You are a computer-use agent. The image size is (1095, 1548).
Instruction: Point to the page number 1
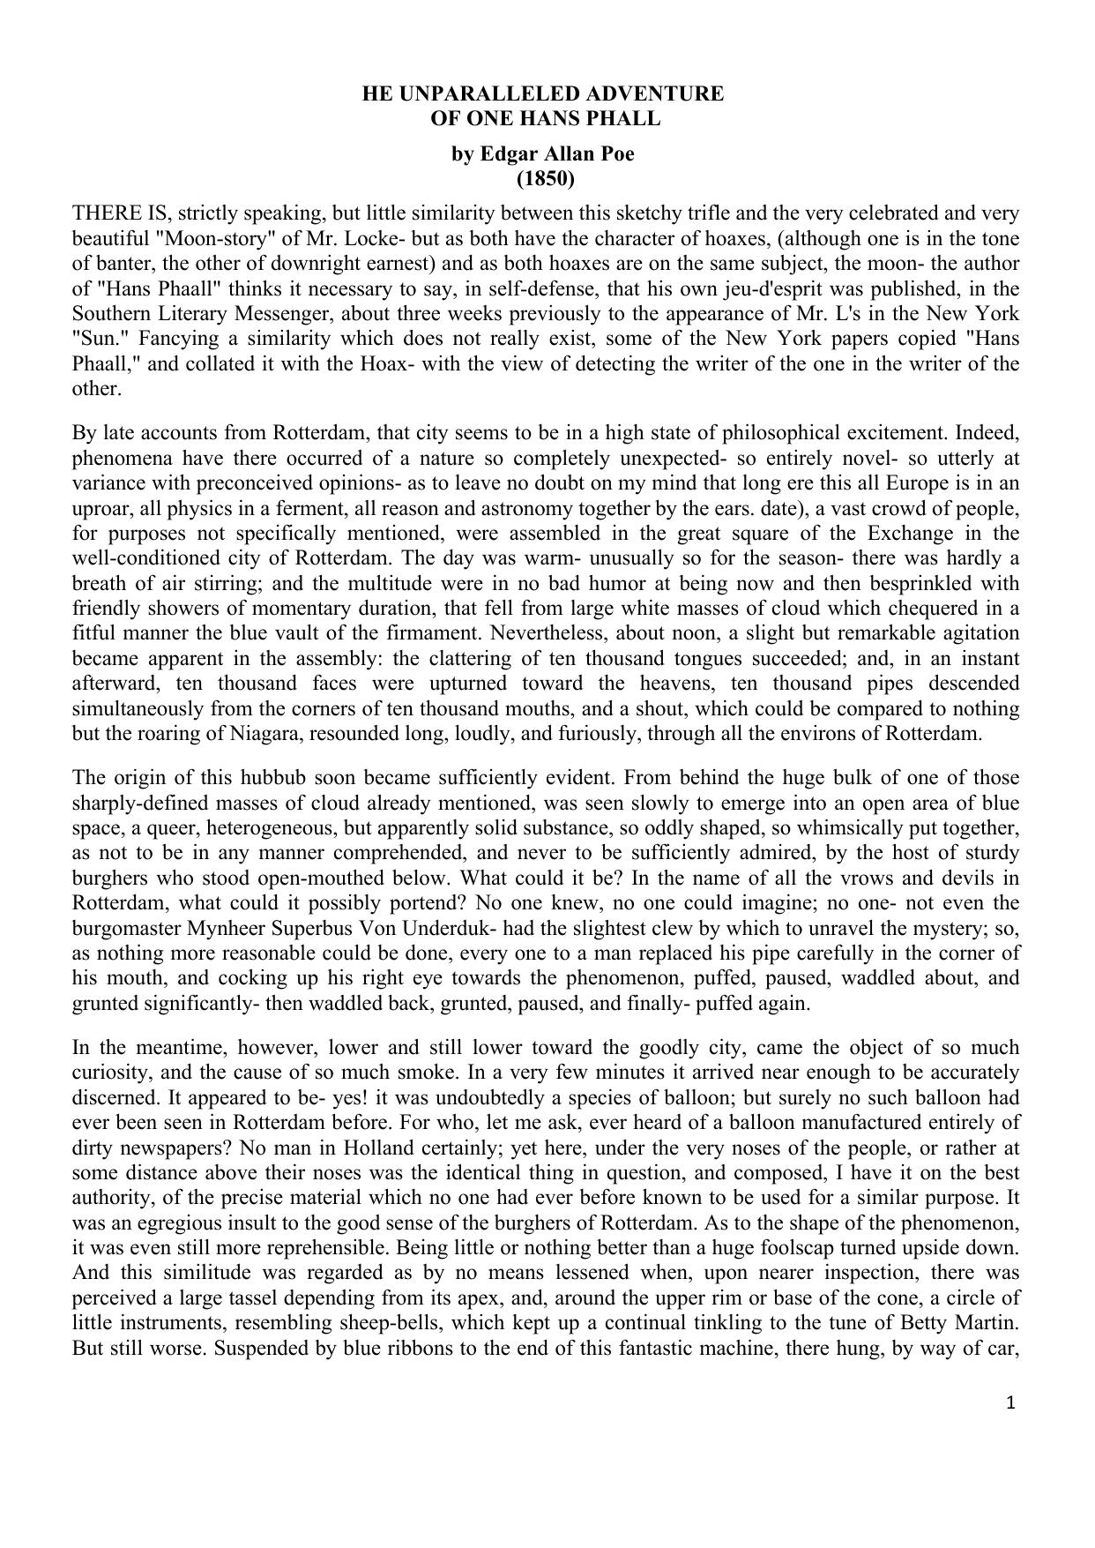pyautogui.click(x=1011, y=1402)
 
